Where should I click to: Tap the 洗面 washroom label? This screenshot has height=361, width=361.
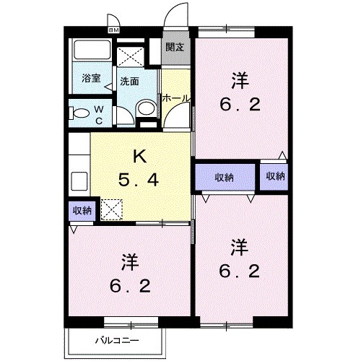pos(129,81)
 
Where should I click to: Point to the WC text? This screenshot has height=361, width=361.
pos(100,114)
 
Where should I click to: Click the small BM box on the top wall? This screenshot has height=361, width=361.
pos(114,30)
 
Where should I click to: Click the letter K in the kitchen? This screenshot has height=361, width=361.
pos(141,154)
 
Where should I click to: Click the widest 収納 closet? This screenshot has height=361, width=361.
pos(225,176)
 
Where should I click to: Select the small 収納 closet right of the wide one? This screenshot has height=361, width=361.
pos(275,176)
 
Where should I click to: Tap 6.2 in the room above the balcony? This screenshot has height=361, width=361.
pos(130,287)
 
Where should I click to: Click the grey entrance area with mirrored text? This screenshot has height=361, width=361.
pos(174,48)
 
